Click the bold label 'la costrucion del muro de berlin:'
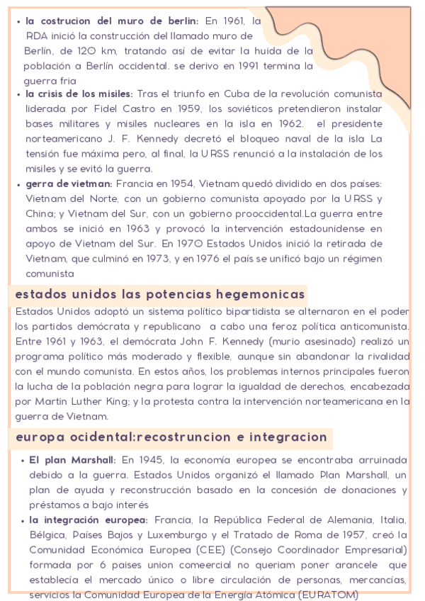tap(112, 21)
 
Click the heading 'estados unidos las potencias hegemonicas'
tap(159, 293)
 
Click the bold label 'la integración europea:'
tap(89, 520)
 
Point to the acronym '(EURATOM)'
tap(330, 595)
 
